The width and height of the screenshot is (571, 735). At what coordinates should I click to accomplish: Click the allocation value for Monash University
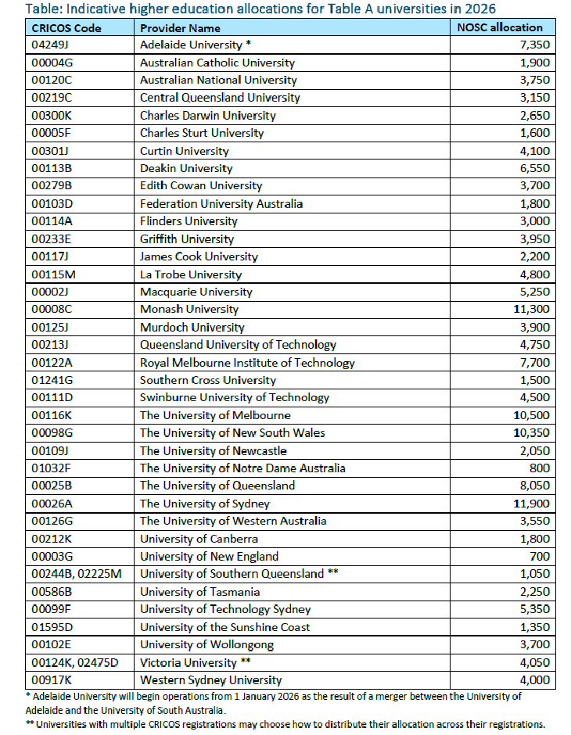(532, 310)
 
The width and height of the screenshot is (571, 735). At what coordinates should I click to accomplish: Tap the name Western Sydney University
(210, 680)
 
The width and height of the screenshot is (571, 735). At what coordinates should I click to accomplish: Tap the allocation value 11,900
(532, 504)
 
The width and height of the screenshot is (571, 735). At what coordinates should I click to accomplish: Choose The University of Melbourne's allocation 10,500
(532, 415)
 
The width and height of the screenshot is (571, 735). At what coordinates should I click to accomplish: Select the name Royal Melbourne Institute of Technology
(247, 363)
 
